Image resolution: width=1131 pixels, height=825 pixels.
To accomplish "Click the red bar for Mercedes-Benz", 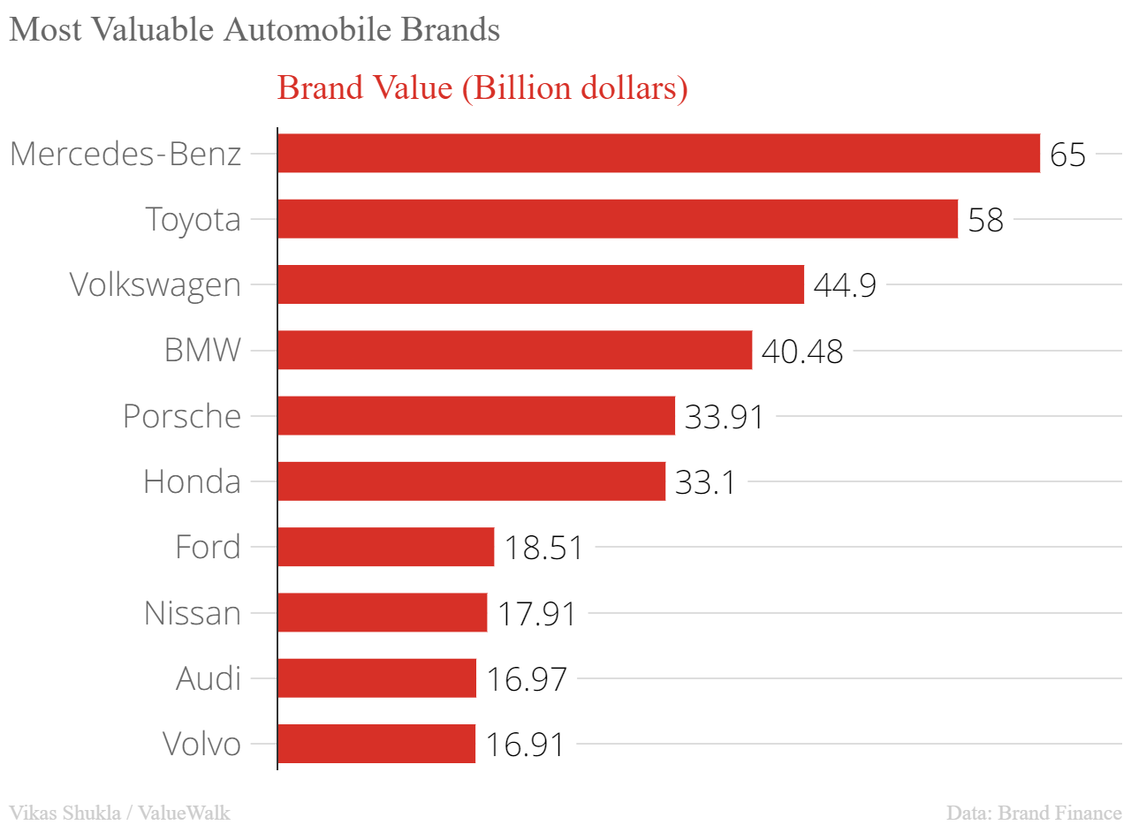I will (658, 154).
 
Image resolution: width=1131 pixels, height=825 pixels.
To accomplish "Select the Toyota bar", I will (618, 219).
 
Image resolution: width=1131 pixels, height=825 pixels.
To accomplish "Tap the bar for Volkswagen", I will (541, 284).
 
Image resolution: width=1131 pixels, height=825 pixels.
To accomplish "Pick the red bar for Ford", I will (385, 547).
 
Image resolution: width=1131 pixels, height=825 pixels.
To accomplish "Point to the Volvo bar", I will (376, 744).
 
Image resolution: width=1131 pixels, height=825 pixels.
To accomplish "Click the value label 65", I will (1067, 155).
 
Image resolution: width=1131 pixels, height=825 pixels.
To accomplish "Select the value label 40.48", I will (801, 352).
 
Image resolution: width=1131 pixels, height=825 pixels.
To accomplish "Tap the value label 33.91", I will (724, 416).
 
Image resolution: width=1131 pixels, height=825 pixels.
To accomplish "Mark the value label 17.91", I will (536, 613).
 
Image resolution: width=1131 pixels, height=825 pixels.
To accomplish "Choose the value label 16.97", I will (526, 678).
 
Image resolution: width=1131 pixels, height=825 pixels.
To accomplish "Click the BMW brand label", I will (202, 351).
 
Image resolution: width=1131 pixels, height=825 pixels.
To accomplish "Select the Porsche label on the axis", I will (181, 416).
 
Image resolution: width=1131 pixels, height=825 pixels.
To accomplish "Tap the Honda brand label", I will (192, 481).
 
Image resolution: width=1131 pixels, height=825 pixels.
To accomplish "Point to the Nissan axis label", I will (192, 613).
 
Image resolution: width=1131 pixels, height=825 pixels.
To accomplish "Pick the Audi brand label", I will (208, 678).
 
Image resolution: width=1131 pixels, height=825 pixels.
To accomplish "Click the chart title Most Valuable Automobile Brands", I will (254, 30).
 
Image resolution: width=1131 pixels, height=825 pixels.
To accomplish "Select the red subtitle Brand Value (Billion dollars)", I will (482, 88).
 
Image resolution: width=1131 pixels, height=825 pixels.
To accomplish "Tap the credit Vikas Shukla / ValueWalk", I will (119, 812).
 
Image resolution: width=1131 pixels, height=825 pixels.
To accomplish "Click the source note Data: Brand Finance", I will (1034, 812).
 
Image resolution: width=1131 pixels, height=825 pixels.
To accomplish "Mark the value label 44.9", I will (844, 285).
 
